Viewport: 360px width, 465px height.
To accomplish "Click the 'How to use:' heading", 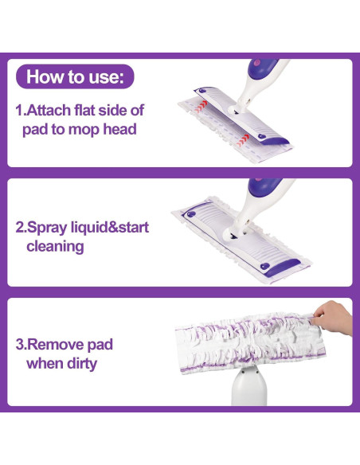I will click(75, 76).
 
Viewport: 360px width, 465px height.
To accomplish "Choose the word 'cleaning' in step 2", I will click(55, 247).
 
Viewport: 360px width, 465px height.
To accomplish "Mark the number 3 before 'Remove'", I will click(20, 345).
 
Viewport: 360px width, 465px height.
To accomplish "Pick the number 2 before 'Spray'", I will click(20, 228).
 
